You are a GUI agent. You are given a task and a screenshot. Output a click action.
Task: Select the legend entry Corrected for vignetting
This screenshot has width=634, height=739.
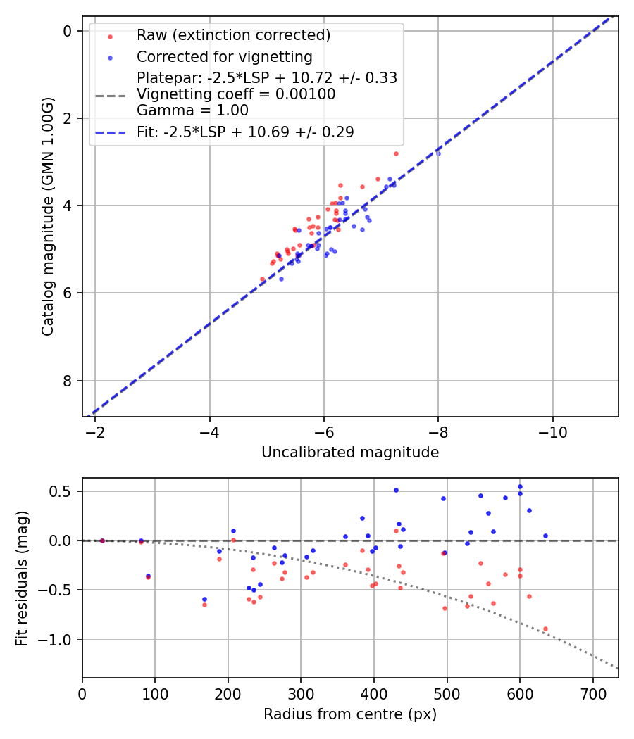click(225, 56)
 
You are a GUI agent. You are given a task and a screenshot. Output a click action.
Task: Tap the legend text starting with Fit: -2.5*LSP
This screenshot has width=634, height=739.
click(245, 132)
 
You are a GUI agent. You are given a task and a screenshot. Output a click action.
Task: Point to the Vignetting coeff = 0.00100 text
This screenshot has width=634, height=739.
click(236, 94)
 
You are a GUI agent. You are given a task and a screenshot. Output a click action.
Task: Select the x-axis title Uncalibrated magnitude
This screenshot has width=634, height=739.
click(350, 453)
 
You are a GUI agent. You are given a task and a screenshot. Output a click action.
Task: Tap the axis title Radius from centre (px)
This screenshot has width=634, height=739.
click(350, 714)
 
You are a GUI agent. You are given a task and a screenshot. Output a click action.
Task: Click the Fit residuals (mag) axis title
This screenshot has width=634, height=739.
click(22, 578)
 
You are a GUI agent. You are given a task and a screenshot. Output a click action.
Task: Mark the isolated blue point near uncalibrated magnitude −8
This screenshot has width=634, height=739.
click(438, 153)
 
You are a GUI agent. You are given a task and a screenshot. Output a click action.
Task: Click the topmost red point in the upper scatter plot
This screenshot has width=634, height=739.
click(396, 153)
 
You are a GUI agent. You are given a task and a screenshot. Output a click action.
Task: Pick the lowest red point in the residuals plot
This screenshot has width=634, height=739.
click(545, 629)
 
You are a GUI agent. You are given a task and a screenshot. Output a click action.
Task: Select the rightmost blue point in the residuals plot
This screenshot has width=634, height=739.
click(545, 536)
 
